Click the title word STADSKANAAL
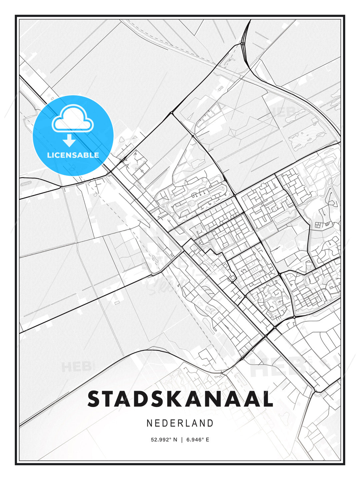click(x=180, y=399)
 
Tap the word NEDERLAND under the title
click(x=180, y=423)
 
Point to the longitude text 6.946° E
click(x=198, y=440)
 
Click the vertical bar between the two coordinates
click(x=182, y=440)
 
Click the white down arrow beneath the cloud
click(x=69, y=141)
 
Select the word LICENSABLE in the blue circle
click(x=73, y=155)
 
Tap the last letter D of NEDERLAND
click(x=210, y=423)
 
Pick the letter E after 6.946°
click(x=207, y=440)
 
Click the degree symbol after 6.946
click(x=202, y=438)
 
